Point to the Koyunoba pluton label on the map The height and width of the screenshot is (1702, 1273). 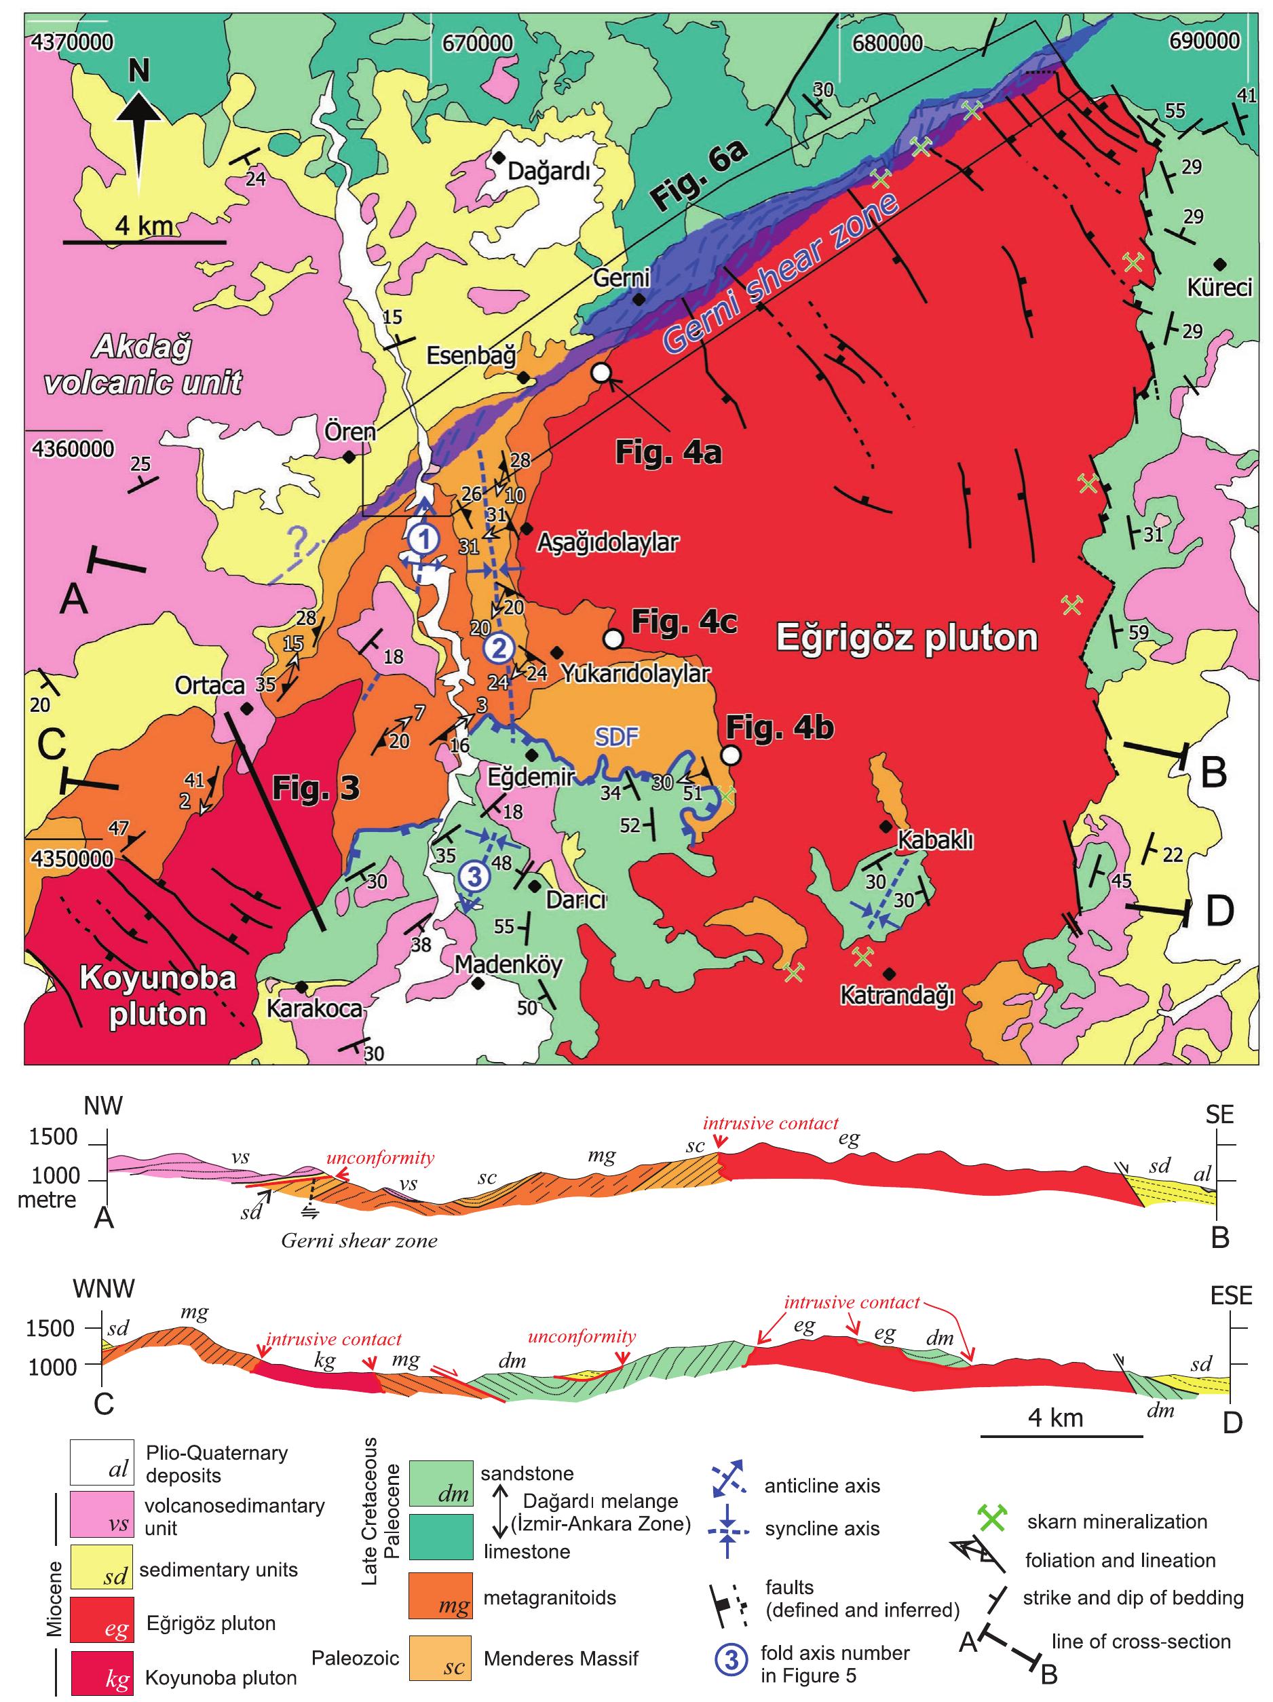(157, 996)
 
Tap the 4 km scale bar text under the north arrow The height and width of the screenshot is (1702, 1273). (143, 226)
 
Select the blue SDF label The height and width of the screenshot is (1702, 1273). (617, 736)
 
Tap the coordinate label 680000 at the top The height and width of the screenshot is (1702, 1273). (886, 42)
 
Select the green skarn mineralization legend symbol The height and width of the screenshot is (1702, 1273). (993, 1519)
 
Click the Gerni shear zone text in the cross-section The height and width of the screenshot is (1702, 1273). (358, 1241)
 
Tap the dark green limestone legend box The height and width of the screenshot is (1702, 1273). (440, 1536)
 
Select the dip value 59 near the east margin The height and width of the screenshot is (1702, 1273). (1137, 632)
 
